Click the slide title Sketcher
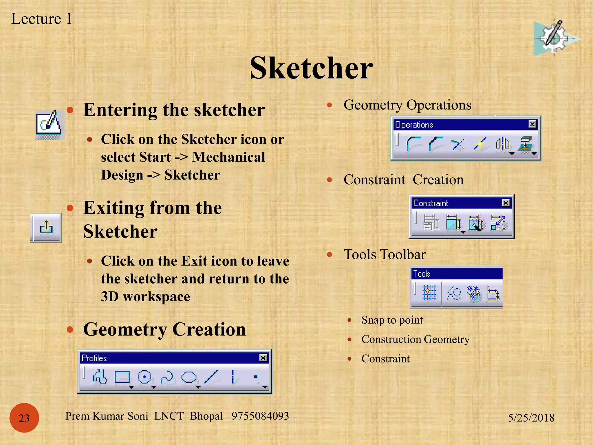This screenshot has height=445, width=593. (311, 68)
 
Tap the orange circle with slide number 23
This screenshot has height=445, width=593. (24, 418)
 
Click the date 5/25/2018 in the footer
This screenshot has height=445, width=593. (531, 418)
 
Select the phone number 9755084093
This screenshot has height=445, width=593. (260, 416)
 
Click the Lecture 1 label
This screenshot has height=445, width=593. (41, 19)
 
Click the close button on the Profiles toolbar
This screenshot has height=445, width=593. (263, 358)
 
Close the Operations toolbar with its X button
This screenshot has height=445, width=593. (532, 124)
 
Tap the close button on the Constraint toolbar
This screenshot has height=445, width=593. (506, 203)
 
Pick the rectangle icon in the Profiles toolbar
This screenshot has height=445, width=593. (122, 377)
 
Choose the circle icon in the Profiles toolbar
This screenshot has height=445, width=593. (144, 377)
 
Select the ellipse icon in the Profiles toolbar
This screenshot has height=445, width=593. (189, 377)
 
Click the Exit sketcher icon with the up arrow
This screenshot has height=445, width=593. (46, 227)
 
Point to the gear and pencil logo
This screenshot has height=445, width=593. (554, 39)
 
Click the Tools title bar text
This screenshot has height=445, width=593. (422, 273)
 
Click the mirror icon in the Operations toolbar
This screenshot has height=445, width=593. (502, 144)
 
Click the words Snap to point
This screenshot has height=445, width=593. (392, 320)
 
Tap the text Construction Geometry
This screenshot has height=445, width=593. (415, 339)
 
